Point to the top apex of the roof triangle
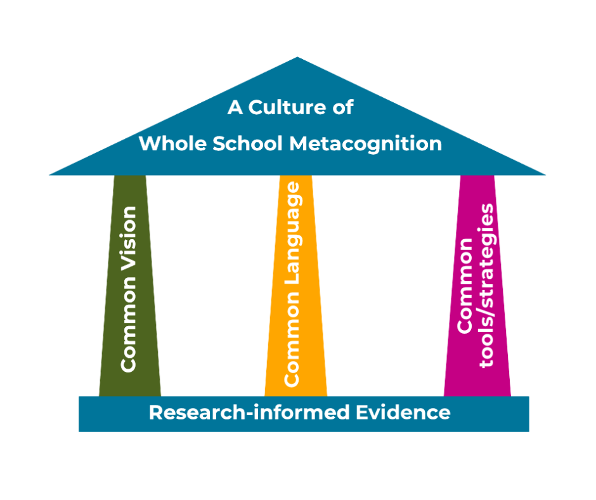click(298, 58)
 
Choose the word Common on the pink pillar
click(465, 286)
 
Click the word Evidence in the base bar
click(403, 413)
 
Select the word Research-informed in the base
click(249, 413)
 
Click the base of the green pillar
click(130, 390)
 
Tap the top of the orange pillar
click(295, 180)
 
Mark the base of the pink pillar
click(477, 390)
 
